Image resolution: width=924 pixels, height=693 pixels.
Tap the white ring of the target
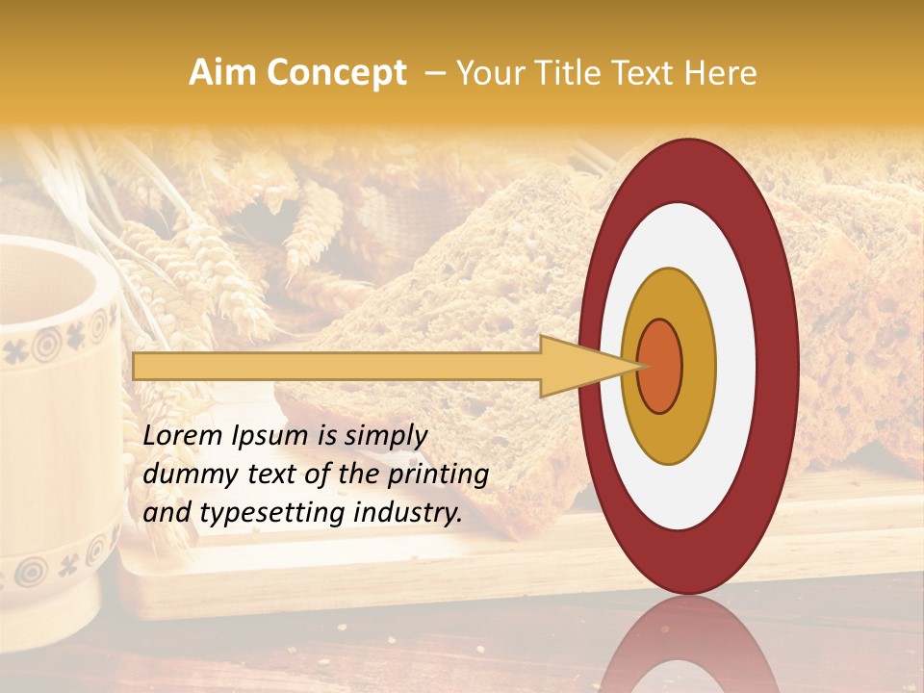coord(735,366)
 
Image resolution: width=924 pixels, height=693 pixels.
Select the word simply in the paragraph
coord(384,437)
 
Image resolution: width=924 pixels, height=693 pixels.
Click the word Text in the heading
coord(648,73)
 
